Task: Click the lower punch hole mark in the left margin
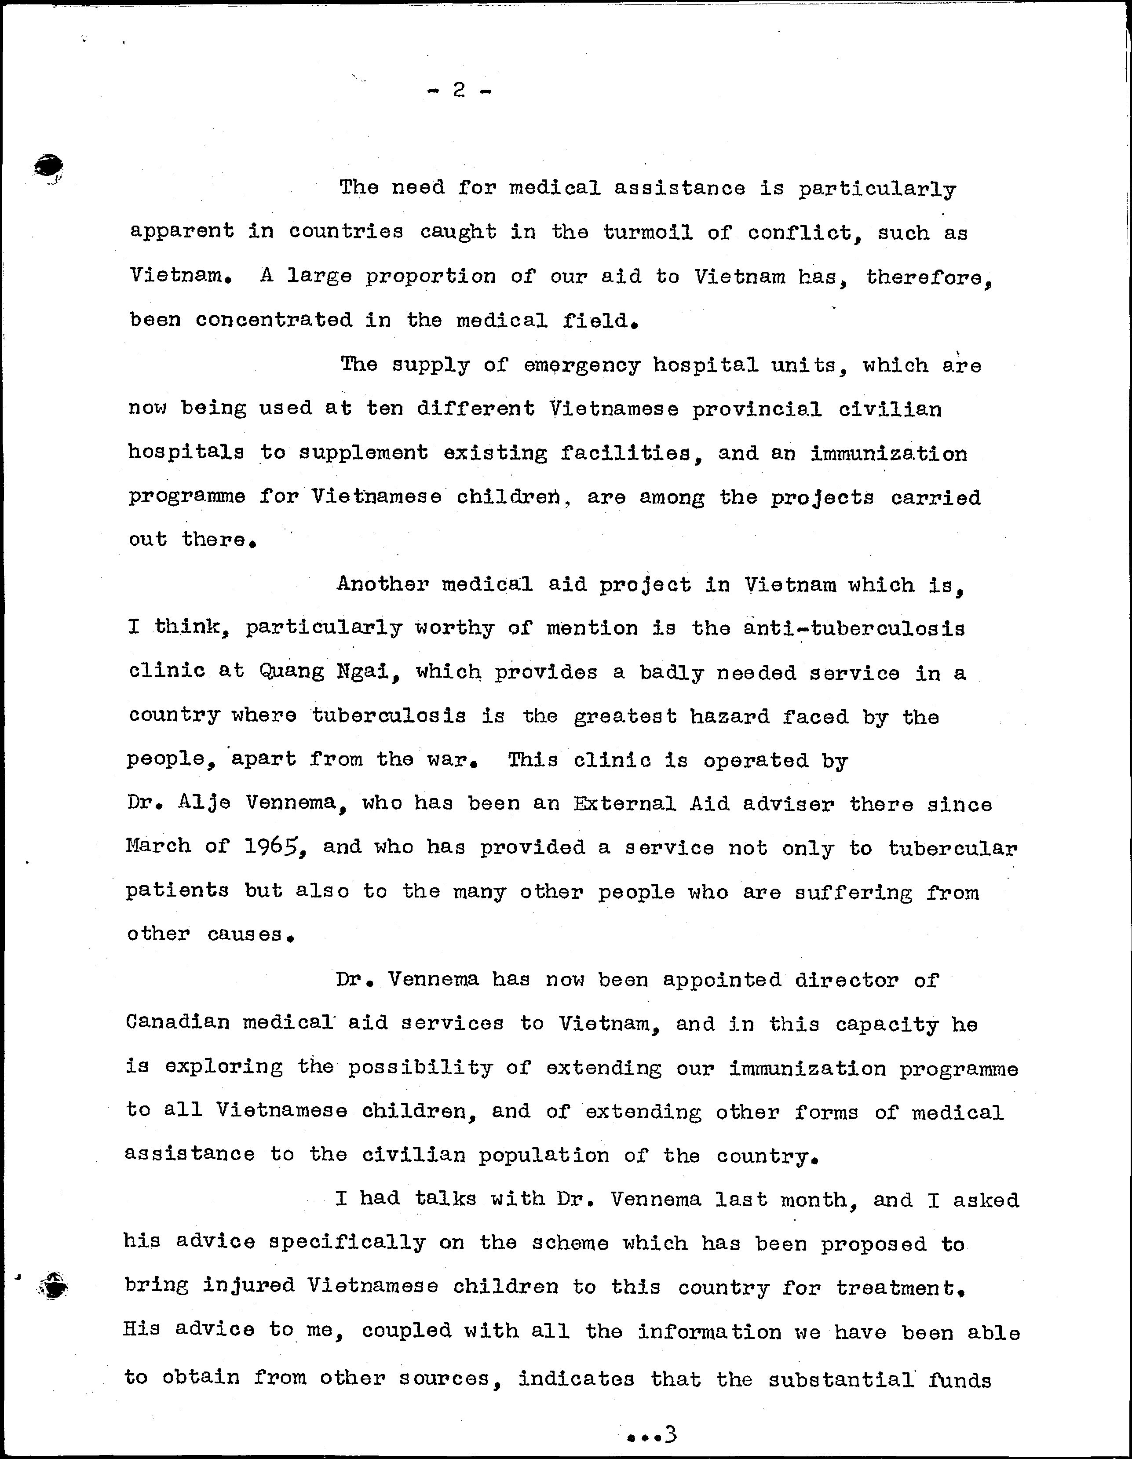click(54, 1284)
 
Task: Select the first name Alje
click(204, 803)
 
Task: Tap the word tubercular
click(952, 848)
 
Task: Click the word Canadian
click(177, 1023)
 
